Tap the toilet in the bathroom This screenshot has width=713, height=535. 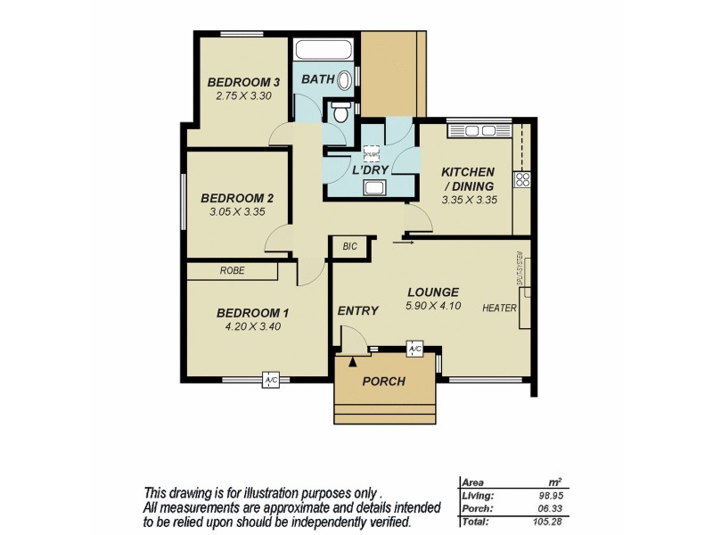[340, 114]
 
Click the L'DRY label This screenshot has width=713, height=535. [368, 169]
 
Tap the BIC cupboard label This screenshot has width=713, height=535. [348, 247]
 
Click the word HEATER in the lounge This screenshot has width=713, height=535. [500, 309]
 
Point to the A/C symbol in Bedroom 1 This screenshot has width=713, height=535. [270, 381]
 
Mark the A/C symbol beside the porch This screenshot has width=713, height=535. [414, 350]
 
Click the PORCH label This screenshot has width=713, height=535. [383, 381]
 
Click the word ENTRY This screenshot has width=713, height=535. [357, 311]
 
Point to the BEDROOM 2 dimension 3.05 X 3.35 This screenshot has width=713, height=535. [236, 212]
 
